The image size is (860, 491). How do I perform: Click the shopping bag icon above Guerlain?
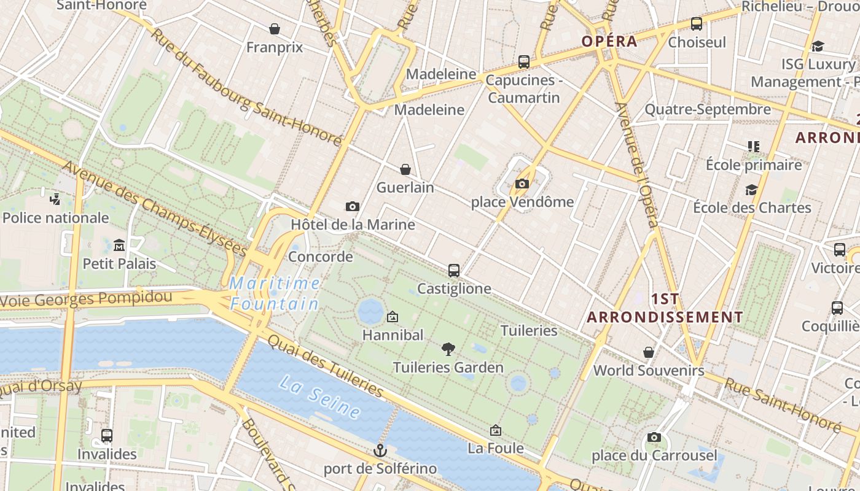pos(405,169)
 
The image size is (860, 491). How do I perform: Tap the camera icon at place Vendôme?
pos(522,184)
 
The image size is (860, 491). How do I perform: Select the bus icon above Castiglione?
pos(454,270)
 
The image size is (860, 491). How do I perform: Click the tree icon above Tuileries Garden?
pos(448,349)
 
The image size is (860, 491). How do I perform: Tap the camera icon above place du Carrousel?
pos(654,438)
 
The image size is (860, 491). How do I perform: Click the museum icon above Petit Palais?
pos(119,245)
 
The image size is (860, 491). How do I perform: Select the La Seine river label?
pos(319,398)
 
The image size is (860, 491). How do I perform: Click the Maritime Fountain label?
pos(275,293)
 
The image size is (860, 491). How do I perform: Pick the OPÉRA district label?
pos(609,42)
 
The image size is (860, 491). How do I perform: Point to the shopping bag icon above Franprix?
pos(275,29)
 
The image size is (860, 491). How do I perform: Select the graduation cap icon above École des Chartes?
pos(751,190)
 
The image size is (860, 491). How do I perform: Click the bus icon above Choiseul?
pos(697,24)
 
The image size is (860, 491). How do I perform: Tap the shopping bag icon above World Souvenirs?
pos(649,352)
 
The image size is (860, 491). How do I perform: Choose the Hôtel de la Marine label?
pos(353,224)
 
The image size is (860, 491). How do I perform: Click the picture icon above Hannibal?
pos(393,317)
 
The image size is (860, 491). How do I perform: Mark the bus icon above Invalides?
pos(107,436)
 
